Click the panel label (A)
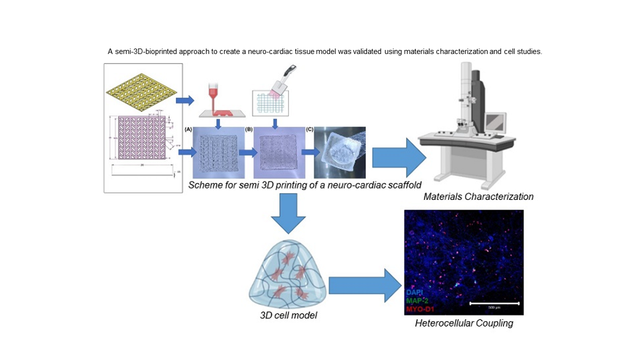(x=188, y=130)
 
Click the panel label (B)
(x=248, y=130)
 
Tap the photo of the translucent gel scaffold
(x=340, y=152)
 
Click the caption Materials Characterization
(x=478, y=197)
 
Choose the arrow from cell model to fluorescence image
(x=363, y=285)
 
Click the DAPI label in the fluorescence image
(x=415, y=292)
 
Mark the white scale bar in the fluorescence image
(x=494, y=303)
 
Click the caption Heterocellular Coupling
(x=463, y=323)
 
